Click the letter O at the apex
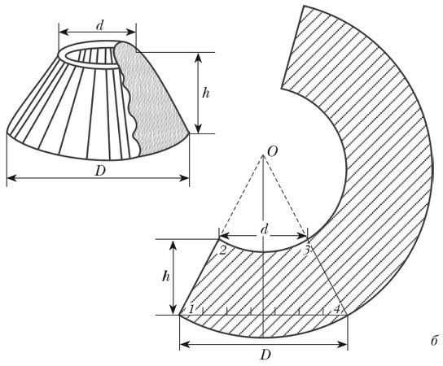point(272,152)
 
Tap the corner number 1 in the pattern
point(191,309)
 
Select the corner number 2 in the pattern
point(222,251)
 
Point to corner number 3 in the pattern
point(307,250)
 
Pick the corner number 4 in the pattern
point(337,309)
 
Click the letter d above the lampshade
point(99,26)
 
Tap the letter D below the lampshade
point(100,171)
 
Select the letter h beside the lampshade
point(206,93)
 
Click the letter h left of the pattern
point(166,277)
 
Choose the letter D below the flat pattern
point(265,355)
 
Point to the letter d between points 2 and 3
point(264,229)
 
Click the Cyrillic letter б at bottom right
point(435,341)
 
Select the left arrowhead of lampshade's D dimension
point(11,178)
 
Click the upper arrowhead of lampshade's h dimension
point(199,58)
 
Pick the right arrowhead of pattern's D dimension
point(343,344)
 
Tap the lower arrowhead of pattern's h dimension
point(173,310)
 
